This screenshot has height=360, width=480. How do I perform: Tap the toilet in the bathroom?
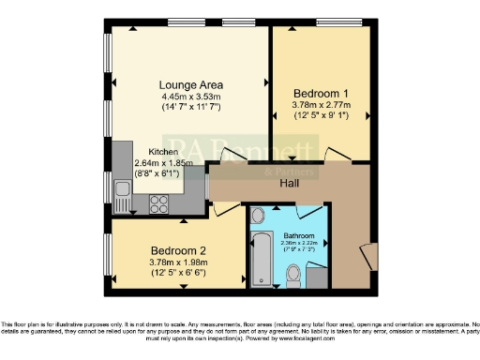[292, 275]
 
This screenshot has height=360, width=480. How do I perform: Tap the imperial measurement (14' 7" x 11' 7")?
[189, 107]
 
